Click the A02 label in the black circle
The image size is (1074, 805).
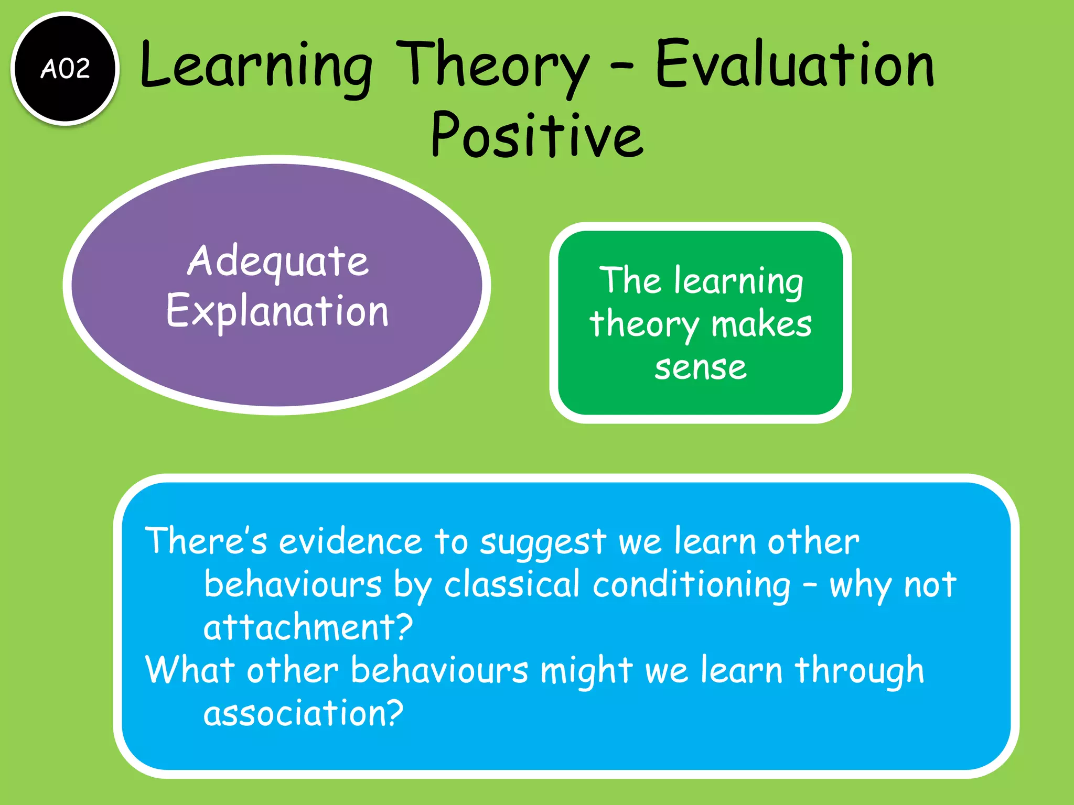(x=66, y=69)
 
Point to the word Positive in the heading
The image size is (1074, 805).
(x=536, y=135)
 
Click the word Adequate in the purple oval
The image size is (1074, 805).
(x=278, y=261)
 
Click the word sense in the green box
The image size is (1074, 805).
(x=700, y=367)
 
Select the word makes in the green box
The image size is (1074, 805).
(x=761, y=324)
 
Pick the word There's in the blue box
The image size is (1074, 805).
(x=206, y=541)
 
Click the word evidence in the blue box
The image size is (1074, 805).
(x=350, y=541)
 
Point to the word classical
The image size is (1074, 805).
(x=512, y=584)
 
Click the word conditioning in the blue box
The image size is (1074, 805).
(x=691, y=585)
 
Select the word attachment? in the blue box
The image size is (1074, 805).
(x=308, y=627)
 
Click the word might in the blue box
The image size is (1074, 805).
(x=586, y=671)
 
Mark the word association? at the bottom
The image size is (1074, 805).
(x=303, y=713)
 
